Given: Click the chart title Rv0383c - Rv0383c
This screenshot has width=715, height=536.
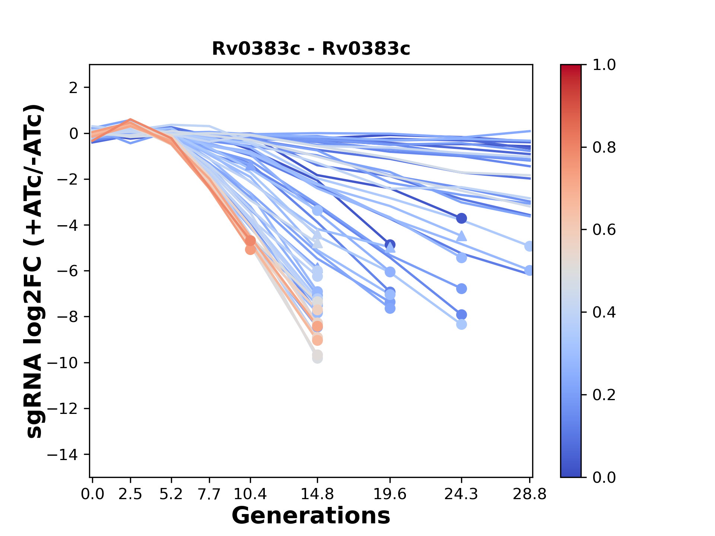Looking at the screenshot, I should click(311, 49).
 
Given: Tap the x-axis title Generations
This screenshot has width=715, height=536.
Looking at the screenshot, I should click(311, 516).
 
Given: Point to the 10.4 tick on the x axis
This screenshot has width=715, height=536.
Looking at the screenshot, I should click(250, 494).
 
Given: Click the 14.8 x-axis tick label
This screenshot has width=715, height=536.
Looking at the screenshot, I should click(317, 494).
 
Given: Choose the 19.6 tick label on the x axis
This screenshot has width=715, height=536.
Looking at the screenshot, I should click(390, 494).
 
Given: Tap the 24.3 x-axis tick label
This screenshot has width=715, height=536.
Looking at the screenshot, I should click(461, 494).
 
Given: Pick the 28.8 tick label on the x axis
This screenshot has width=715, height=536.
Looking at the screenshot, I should click(529, 494).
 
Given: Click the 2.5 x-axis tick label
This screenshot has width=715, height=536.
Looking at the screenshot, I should click(130, 494).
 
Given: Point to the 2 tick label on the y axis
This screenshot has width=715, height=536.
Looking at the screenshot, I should click(74, 88).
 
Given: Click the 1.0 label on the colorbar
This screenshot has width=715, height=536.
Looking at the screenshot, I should click(604, 65).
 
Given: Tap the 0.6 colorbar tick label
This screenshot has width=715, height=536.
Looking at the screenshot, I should click(604, 230).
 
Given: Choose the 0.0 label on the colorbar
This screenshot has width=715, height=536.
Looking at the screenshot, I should click(604, 477).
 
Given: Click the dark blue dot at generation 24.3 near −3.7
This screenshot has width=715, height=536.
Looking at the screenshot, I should click(461, 218).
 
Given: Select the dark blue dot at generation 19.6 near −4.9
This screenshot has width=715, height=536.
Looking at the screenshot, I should click(390, 245).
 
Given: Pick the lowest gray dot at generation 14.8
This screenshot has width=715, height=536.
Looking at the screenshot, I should click(317, 358).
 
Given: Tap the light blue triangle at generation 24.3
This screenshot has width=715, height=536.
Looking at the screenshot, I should click(461, 236).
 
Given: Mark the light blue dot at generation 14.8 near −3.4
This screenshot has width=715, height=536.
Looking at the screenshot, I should click(317, 211).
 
